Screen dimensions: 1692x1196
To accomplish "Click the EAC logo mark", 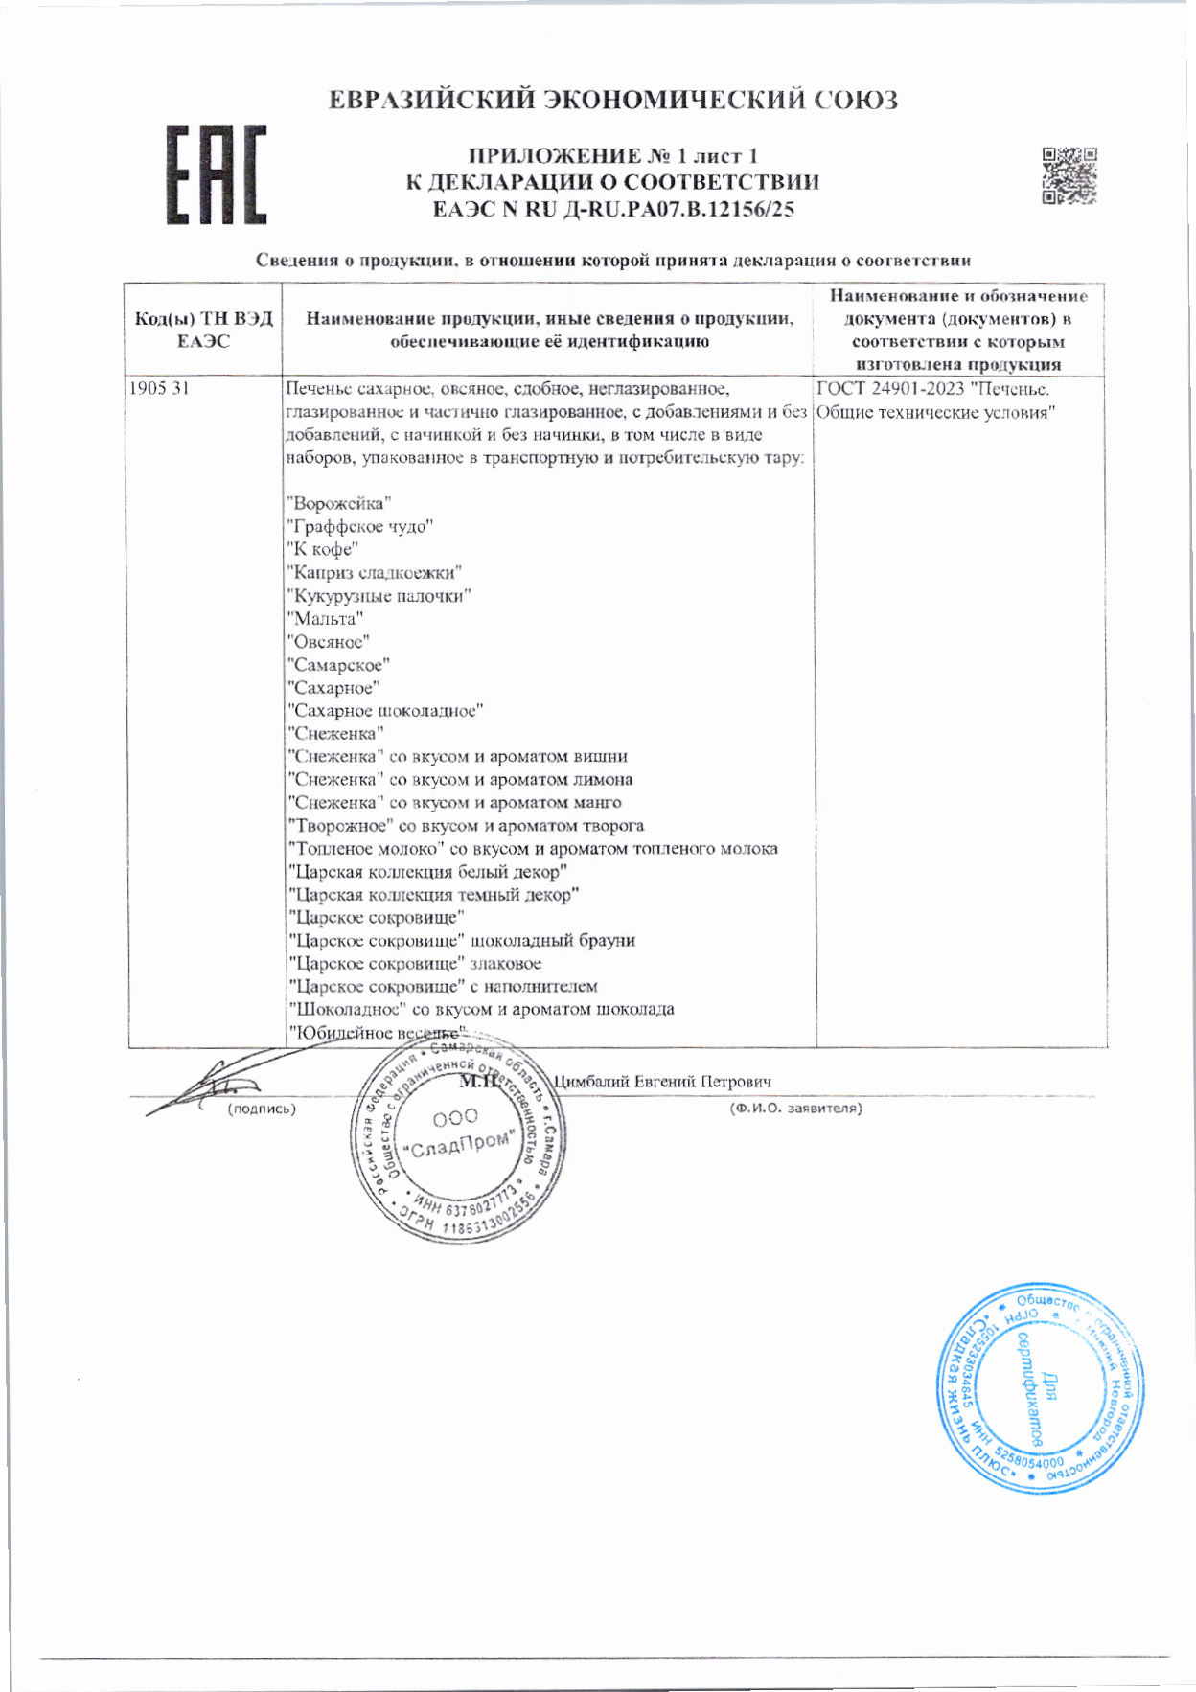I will point(216,175).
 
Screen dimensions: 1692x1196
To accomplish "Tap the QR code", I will point(1069,175).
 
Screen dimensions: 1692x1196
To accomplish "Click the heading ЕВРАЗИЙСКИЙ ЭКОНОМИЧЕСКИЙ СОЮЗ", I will point(613,100).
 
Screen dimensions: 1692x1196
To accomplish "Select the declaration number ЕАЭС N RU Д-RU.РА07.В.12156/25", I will point(613,209).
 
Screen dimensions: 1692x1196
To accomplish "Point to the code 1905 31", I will point(159,389).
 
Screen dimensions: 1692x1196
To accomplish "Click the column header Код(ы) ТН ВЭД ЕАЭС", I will point(204,330).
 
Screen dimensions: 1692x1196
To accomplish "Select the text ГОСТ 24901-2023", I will point(890,389).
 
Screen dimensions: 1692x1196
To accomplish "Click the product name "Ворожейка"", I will point(339,504).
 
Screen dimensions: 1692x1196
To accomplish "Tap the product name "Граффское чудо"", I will point(360,527).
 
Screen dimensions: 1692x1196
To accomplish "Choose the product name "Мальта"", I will point(326,619).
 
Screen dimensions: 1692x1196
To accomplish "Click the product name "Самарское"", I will point(339,665).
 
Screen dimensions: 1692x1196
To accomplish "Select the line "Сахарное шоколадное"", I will point(386,711).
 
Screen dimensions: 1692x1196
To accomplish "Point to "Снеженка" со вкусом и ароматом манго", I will point(455,803).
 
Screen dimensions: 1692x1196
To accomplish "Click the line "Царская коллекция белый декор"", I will point(428,872).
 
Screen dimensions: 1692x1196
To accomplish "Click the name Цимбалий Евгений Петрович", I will point(663,1082).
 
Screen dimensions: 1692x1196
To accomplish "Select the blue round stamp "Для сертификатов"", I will point(1038,1386).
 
